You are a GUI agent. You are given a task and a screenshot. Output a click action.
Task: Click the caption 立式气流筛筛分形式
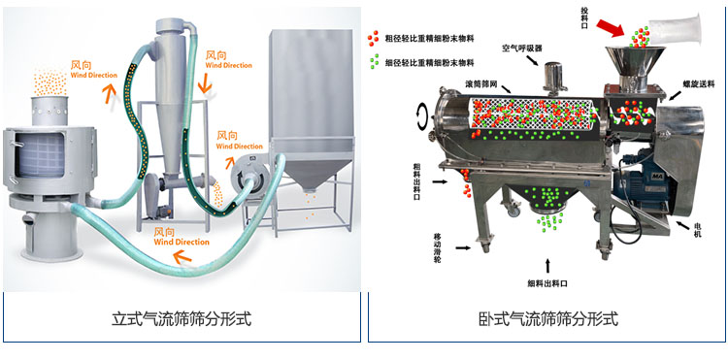181,318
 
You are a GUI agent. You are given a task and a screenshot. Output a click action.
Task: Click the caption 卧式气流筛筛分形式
548,318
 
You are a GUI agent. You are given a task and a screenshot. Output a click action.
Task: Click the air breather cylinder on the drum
554,76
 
